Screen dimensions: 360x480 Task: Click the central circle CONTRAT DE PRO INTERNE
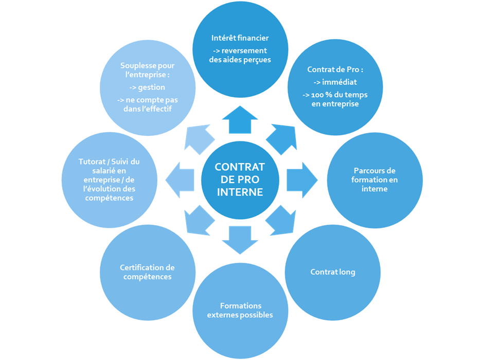pyautogui.click(x=240, y=180)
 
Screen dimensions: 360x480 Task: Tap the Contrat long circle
pyautogui.click(x=332, y=272)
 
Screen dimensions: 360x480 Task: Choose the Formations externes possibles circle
pyautogui.click(x=240, y=311)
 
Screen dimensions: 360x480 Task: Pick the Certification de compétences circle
pyautogui.click(x=147, y=272)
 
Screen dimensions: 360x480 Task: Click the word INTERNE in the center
pyautogui.click(x=240, y=192)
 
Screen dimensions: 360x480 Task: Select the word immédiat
pyautogui.click(x=338, y=82)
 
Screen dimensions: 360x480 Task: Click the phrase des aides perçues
pyautogui.click(x=240, y=59)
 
